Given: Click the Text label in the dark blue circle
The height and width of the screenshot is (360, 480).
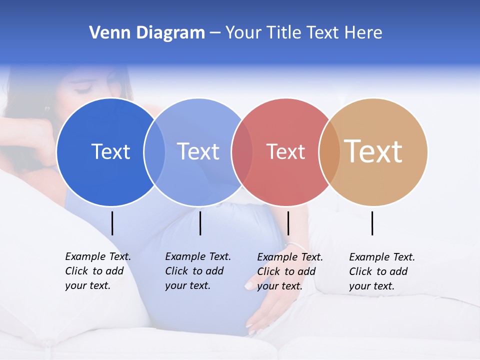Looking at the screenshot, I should click(110, 151).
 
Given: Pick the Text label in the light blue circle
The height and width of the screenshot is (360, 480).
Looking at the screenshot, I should click(198, 151).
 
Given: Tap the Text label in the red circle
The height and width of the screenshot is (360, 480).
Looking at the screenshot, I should click(285, 151).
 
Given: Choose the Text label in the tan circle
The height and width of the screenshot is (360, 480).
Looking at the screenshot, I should click(373, 151).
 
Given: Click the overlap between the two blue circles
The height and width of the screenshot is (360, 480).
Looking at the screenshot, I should click(154, 152).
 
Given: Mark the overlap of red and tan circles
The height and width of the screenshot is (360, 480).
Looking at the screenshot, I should click(329, 152).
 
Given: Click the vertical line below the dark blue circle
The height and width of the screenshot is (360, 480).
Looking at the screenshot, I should click(112, 223).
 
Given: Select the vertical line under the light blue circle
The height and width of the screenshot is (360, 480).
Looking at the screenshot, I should click(200, 223).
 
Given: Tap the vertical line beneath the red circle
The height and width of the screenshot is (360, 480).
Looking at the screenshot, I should click(288, 223).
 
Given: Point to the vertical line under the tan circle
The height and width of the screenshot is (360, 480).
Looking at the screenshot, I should click(372, 223).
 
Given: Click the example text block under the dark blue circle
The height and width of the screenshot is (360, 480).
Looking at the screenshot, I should click(97, 271).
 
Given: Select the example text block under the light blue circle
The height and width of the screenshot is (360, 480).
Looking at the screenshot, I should click(197, 271).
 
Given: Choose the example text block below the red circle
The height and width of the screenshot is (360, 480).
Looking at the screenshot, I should click(289, 271).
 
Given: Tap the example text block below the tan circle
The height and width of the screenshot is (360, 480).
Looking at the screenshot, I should click(381, 271).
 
